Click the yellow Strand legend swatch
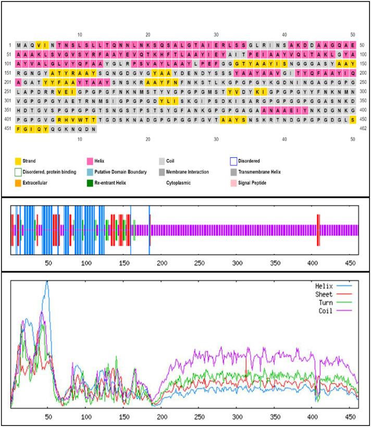[x=18, y=162]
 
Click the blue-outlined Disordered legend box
[x=234, y=162]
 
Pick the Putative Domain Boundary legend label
[x=123, y=172]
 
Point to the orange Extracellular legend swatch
[x=18, y=183]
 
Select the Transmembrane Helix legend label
[x=264, y=172]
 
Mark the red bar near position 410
[x=317, y=230]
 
